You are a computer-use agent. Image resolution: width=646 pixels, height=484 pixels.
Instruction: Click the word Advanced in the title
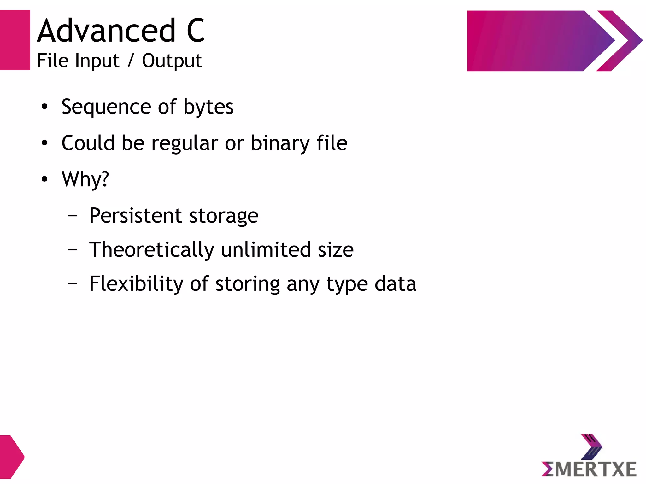106,31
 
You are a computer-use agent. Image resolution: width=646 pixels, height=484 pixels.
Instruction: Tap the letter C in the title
196,31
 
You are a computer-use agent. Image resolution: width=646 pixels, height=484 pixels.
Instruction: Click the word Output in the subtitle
172,61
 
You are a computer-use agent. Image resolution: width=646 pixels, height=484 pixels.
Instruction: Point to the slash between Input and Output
131,61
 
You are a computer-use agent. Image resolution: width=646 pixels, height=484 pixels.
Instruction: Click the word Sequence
106,107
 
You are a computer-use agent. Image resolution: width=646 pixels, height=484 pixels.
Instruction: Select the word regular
185,143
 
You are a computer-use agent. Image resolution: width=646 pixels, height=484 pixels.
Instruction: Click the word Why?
85,179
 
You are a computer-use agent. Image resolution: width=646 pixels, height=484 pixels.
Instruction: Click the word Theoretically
152,250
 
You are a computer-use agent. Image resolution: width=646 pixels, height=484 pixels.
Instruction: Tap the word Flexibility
136,284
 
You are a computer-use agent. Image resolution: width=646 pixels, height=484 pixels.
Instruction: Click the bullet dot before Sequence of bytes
44,107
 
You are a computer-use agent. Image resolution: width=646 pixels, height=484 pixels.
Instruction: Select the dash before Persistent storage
73,216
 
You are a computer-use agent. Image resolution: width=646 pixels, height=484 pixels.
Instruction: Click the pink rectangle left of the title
15,40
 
